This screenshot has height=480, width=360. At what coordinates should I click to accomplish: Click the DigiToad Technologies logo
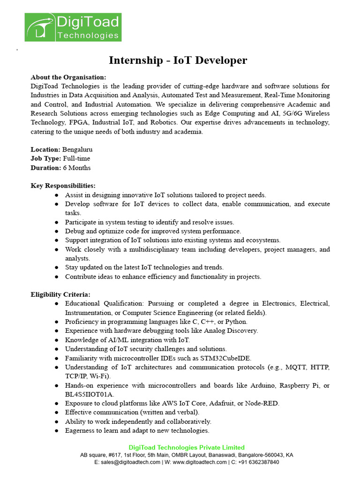tap(73, 27)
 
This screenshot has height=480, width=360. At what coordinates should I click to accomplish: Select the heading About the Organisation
tap(68, 77)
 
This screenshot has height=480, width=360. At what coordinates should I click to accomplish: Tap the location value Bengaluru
tap(77, 150)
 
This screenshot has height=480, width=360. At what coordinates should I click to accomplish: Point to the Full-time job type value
tap(76, 158)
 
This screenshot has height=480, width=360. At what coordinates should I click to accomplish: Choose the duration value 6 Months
tap(77, 168)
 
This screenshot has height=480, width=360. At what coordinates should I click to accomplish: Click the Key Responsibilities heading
tap(63, 186)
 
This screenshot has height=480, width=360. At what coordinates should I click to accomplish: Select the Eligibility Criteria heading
tap(60, 294)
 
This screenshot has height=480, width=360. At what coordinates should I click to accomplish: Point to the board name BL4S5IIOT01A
tap(90, 394)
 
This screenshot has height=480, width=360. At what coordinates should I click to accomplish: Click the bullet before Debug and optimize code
tap(57, 231)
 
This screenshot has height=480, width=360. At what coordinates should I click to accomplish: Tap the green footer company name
tap(187, 448)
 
